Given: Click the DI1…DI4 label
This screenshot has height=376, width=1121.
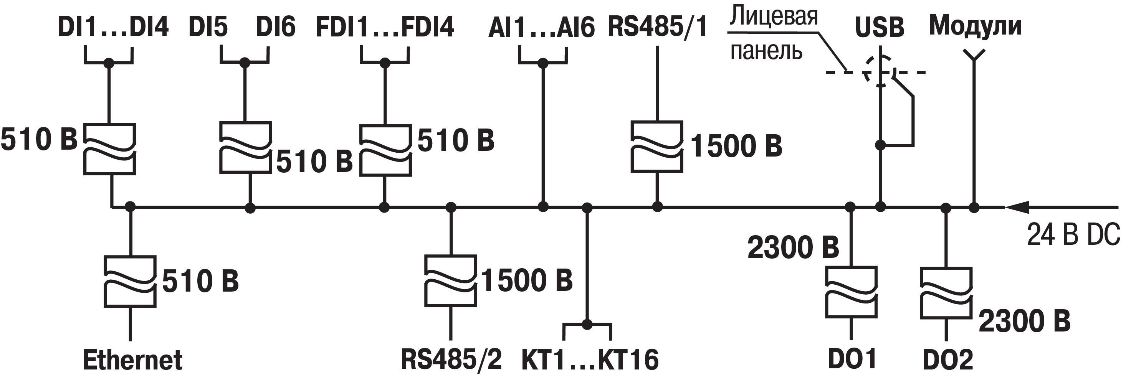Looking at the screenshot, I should click(113, 27).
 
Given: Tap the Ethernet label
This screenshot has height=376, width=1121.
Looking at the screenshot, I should click(132, 360).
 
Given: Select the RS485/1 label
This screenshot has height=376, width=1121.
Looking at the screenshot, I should click(657, 27).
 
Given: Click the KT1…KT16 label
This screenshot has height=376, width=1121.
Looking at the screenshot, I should click(590, 360).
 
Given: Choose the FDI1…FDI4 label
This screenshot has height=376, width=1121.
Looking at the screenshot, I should click(385, 27).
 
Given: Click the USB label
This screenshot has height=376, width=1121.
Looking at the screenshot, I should click(880, 27).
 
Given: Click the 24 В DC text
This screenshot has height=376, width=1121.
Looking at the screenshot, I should click(1073, 235).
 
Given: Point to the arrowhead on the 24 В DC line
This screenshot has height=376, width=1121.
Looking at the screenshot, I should click(1017, 207).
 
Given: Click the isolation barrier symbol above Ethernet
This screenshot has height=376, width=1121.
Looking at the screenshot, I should click(130, 282).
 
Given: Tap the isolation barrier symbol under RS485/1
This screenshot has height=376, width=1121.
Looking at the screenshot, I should click(657, 147).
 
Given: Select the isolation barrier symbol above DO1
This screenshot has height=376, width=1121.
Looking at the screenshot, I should click(851, 292).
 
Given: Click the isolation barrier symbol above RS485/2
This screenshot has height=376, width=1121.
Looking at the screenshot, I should click(450, 281).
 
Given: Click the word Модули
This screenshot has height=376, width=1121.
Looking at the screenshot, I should click(975, 26).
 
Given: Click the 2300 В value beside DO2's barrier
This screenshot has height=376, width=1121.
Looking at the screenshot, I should click(1024, 321).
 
